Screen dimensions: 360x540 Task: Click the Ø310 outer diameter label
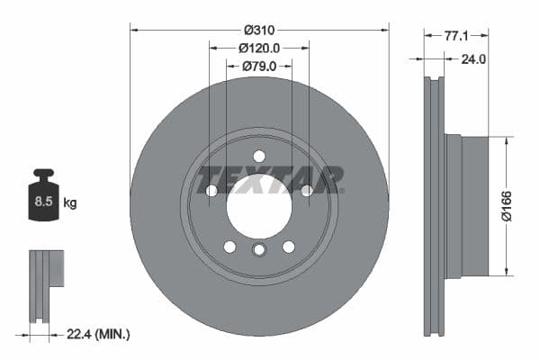[259, 30]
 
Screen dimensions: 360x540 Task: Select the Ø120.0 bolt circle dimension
[259, 48]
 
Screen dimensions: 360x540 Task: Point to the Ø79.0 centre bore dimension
[259, 66]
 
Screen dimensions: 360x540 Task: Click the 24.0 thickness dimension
[472, 59]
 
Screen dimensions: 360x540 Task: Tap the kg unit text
[70, 203]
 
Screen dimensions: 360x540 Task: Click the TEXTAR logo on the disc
[270, 178]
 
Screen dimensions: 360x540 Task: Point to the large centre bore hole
[259, 206]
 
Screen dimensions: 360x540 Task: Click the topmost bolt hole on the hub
[259, 156]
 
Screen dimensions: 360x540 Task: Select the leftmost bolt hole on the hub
[211, 190]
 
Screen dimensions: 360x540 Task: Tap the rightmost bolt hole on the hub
[307, 190]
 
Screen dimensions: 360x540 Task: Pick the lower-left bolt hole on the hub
[229, 247]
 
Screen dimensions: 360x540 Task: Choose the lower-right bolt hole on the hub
[289, 247]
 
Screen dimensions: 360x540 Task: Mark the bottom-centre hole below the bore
[259, 250]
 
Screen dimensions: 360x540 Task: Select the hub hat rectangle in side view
[467, 205]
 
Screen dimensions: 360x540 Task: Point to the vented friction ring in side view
[434, 205]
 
